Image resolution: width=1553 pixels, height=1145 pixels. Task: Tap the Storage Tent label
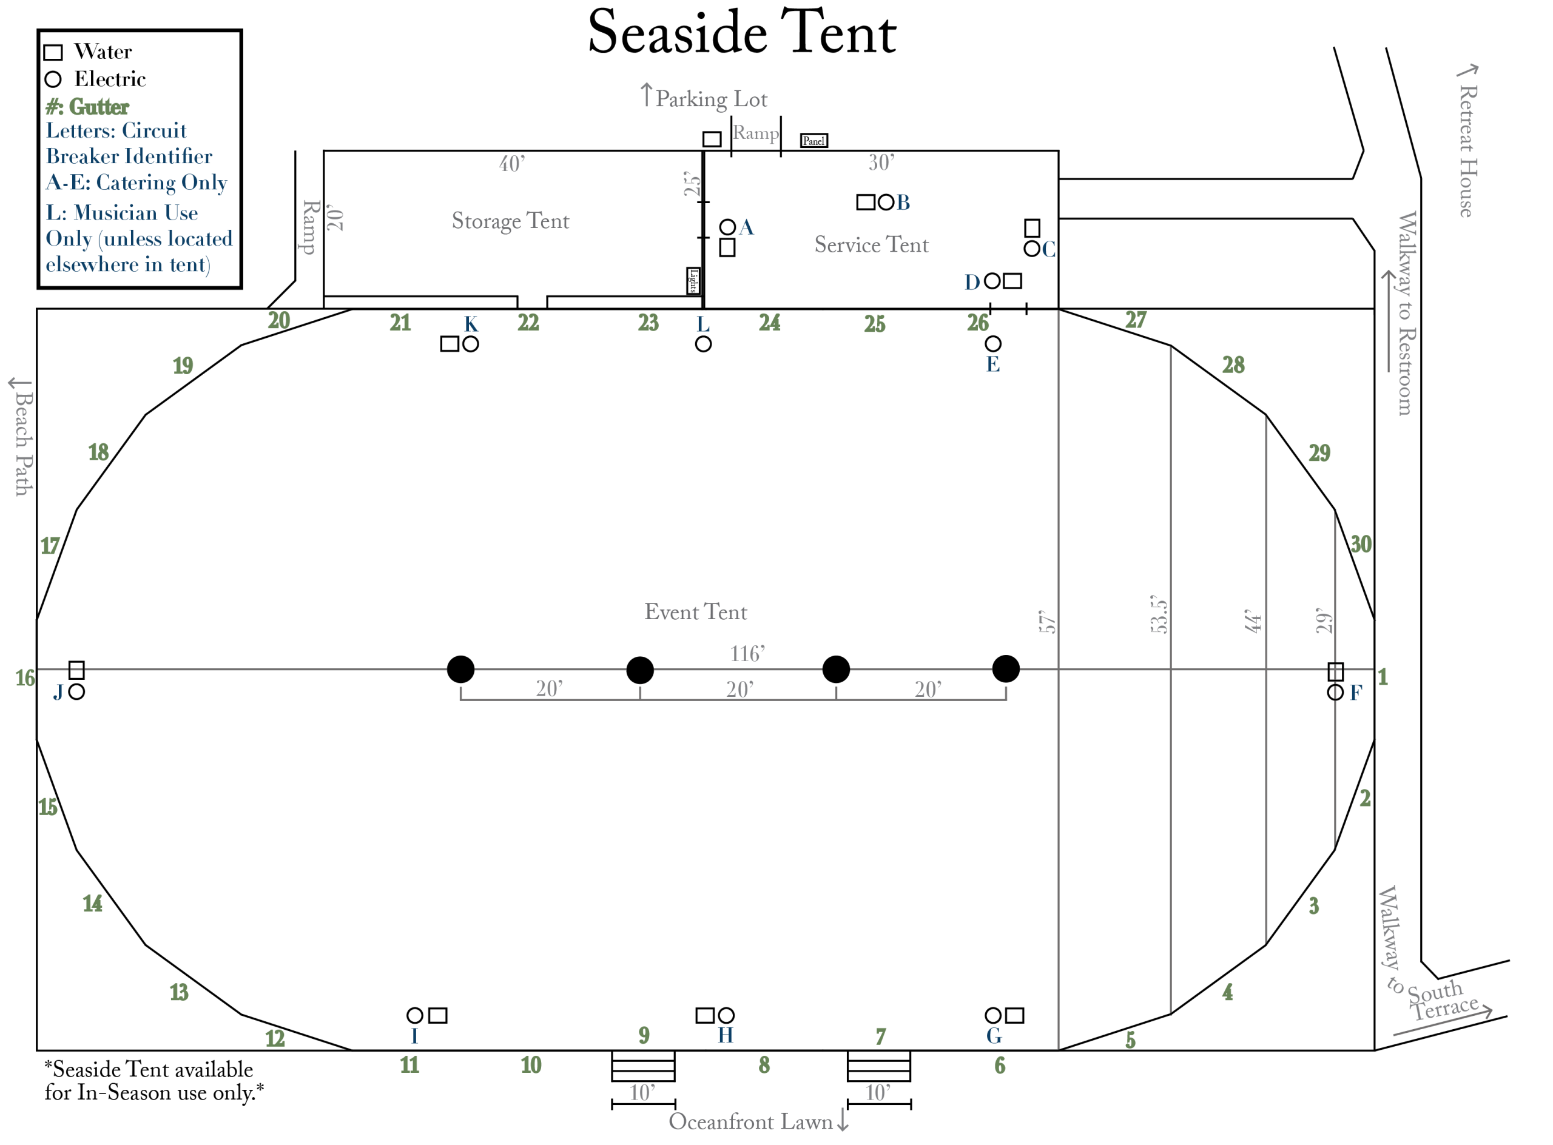pos(510,221)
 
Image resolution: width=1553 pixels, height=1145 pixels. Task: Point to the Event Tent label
pos(695,612)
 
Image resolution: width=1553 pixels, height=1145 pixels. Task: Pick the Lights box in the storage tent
pos(693,281)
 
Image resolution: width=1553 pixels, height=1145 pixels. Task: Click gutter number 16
pos(25,678)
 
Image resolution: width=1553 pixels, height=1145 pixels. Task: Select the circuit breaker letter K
pos(471,324)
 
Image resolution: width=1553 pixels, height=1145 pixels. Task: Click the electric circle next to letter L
pos(703,344)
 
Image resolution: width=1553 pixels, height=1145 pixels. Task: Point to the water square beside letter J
pos(76,670)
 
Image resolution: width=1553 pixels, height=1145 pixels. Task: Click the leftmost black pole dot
pos(460,670)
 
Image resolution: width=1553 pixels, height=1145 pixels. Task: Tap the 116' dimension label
pos(747,654)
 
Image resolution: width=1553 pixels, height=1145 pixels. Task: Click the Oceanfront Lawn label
pos(750,1122)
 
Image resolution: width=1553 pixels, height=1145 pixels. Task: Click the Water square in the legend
pos(53,53)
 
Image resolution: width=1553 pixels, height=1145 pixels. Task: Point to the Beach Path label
pos(23,443)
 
